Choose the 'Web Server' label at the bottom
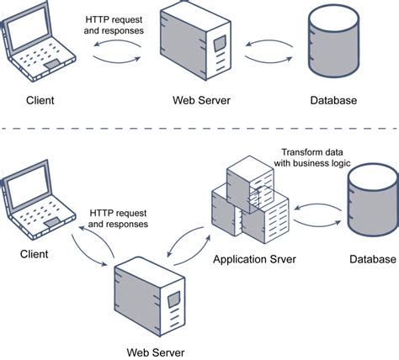coord(155,351)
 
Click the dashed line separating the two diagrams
coord(199,129)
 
